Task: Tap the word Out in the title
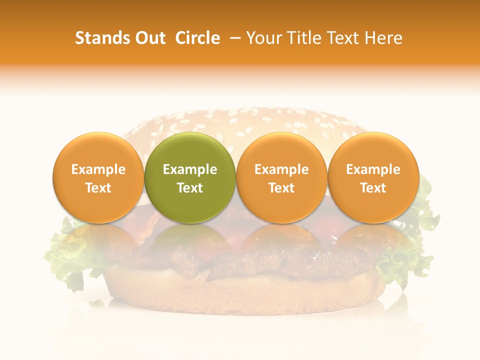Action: click(149, 38)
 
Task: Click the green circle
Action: click(190, 177)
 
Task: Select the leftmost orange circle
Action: click(98, 177)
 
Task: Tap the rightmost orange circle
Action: click(373, 177)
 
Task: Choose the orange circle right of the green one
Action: click(281, 177)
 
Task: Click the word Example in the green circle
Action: click(190, 169)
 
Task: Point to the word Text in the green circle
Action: click(190, 188)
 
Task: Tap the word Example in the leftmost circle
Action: click(98, 169)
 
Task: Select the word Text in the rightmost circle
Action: click(373, 188)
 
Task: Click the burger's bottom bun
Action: click(240, 295)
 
